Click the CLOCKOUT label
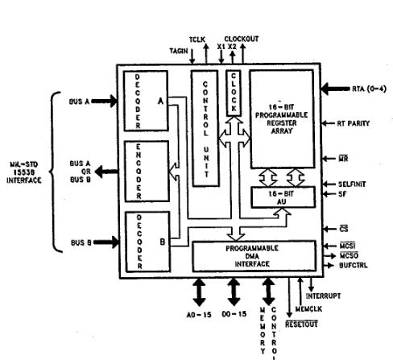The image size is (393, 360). point(242,37)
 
